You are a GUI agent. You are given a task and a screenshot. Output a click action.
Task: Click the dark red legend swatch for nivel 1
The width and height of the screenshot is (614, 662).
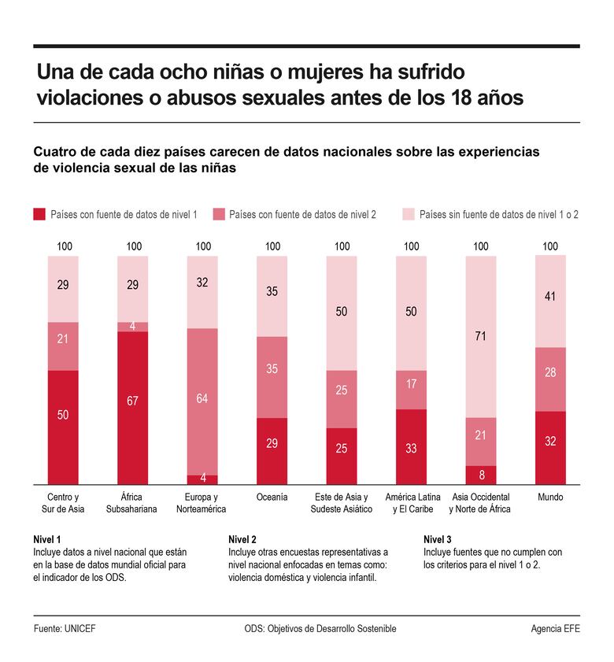pos(39,213)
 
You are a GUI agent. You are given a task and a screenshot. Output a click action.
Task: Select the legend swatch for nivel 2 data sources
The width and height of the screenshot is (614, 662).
pos(218,213)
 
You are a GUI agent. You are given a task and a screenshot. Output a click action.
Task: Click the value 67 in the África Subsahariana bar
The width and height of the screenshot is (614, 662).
pos(132,401)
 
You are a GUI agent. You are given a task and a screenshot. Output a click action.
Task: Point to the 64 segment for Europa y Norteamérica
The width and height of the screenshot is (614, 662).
pos(202,399)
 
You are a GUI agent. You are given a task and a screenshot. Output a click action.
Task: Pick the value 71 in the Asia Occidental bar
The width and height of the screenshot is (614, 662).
pos(480,336)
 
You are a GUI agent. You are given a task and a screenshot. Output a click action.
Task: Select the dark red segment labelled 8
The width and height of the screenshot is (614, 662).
pos(480,475)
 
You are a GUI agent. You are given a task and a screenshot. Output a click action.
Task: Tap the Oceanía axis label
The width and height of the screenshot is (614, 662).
pos(272,497)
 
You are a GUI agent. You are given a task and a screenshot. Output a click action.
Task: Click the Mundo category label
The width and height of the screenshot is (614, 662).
pos(550,497)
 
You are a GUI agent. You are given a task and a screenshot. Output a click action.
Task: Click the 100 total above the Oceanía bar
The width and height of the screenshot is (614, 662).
pos(272,246)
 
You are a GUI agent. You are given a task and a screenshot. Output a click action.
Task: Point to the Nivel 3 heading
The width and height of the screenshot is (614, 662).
pos(438,539)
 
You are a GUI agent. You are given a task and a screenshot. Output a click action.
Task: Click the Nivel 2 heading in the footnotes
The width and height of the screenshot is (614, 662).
pos(242,539)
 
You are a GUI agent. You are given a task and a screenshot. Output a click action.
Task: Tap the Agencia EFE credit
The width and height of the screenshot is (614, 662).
pos(555,629)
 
